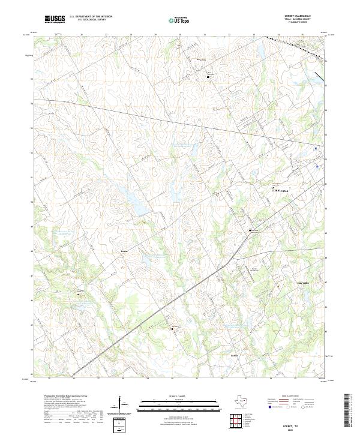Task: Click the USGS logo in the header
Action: pos(56,20)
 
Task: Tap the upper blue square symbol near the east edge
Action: pos(316,146)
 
